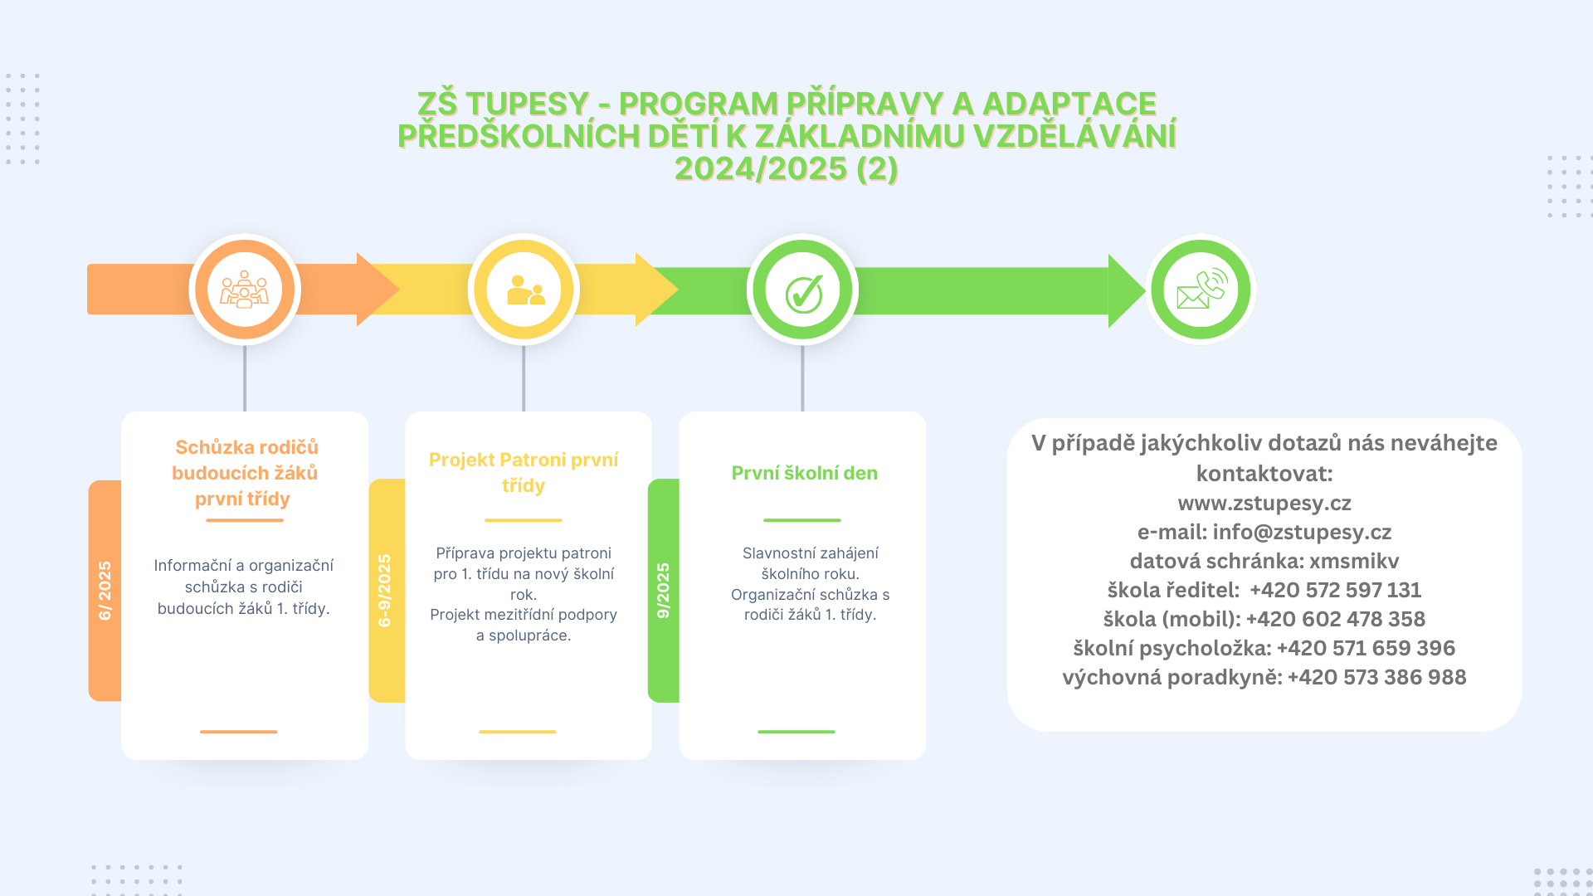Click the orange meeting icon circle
[245, 290]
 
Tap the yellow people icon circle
[524, 290]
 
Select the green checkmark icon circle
[802, 290]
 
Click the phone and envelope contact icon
[1201, 290]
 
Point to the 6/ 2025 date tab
[105, 591]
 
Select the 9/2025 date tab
[664, 591]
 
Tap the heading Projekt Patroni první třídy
[524, 472]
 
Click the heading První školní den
[805, 473]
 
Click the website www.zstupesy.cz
[1264, 503]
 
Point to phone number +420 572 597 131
[1335, 590]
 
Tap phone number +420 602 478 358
[1335, 619]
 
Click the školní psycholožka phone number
[1366, 648]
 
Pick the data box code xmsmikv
[1354, 561]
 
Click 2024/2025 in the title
[761, 168]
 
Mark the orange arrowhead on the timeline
[378, 290]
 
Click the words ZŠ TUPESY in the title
[503, 104]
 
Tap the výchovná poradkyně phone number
[1377, 677]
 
